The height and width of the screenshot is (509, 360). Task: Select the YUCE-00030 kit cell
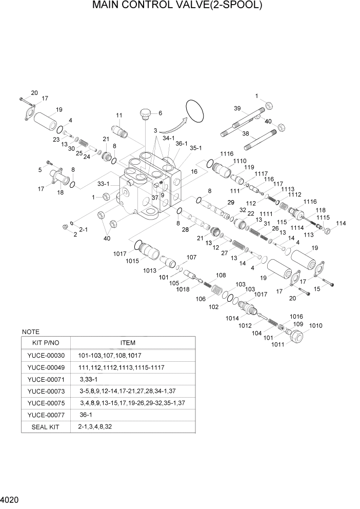tap(46, 356)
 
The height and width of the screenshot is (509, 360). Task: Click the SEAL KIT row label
tap(46, 426)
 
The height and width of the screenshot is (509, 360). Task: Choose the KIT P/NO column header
tap(46, 343)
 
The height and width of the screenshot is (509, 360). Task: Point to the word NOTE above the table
tap(31, 332)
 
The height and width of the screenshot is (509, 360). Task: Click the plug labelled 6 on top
tap(145, 113)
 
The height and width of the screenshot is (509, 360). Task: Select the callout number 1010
tap(315, 326)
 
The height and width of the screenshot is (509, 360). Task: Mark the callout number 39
tap(237, 108)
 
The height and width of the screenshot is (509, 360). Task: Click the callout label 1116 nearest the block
tap(227, 154)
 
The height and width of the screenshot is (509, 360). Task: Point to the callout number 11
tap(119, 115)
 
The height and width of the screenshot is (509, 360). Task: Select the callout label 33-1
tap(105, 183)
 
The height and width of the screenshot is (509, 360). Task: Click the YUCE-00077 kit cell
tap(46, 415)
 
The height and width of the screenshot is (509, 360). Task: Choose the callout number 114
tap(341, 223)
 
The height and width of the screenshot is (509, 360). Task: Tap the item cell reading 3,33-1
tap(88, 379)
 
